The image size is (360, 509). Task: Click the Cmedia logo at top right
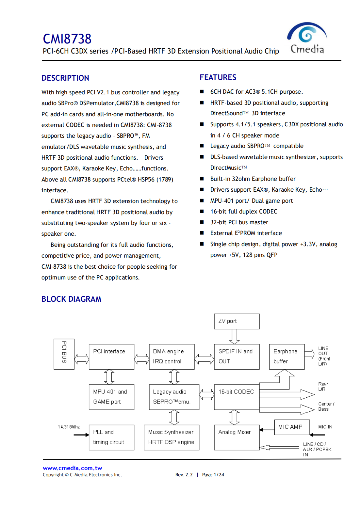point(307,38)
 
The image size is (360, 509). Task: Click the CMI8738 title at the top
point(67,39)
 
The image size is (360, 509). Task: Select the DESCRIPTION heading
point(65,78)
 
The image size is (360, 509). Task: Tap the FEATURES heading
point(218,77)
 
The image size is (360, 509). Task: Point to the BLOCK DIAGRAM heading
point(71,299)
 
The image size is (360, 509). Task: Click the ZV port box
point(237,321)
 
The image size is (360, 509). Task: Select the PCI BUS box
point(64,354)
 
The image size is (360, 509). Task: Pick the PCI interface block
point(111,357)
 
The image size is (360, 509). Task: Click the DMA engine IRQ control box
point(172,357)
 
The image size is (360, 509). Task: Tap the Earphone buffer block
point(286,357)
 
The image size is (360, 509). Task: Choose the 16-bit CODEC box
point(237,397)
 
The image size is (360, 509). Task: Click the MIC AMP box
point(291,427)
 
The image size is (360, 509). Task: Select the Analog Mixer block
point(237,437)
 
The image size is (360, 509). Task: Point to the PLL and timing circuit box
point(111,437)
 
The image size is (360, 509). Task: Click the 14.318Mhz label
point(69,427)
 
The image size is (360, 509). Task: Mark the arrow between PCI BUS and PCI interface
point(82,359)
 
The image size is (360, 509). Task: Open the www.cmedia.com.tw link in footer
point(72,468)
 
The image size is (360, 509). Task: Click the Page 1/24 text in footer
point(213,475)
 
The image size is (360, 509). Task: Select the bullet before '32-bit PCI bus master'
point(202,222)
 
